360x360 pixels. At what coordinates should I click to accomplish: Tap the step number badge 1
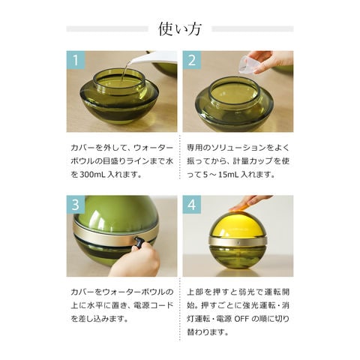(x=76, y=61)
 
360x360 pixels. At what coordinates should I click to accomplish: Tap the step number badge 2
(x=192, y=61)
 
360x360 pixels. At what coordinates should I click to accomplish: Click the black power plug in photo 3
(x=139, y=242)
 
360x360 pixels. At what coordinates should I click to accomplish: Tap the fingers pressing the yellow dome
(x=247, y=202)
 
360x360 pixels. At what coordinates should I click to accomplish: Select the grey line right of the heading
(x=252, y=29)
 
